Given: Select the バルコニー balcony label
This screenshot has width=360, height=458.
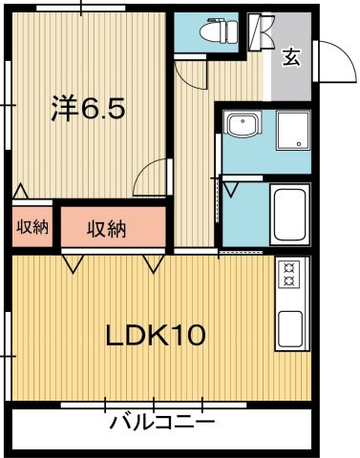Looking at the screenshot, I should (x=160, y=421).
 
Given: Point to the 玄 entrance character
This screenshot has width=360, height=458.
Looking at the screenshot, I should (x=290, y=56).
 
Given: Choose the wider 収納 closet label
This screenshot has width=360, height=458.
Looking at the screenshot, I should (x=105, y=228).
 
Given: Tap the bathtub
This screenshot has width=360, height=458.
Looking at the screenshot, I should (x=287, y=215).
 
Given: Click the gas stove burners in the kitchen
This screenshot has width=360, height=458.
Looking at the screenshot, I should (x=288, y=275).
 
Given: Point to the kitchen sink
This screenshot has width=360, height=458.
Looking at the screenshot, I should (x=288, y=326).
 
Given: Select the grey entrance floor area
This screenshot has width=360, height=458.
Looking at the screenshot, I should (x=289, y=72).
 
